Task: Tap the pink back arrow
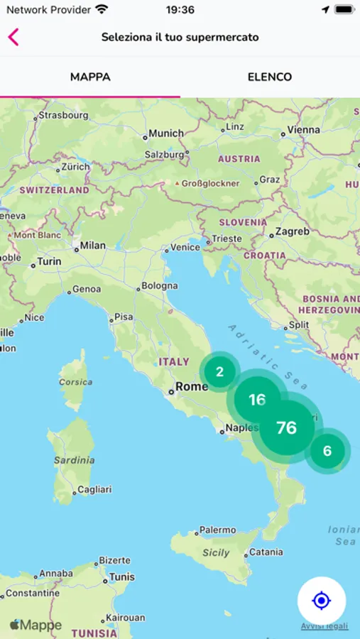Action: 13,37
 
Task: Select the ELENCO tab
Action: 270,77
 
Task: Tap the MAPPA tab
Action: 90,77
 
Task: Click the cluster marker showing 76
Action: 287,427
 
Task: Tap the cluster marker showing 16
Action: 257,400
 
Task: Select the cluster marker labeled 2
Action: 219,372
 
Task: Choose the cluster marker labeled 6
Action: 327,451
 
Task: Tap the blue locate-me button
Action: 322,601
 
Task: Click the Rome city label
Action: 192,387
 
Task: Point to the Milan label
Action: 92,245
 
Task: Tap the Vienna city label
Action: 304,130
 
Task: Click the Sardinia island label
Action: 74,460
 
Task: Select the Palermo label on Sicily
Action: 217,530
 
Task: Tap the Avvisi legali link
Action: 324,626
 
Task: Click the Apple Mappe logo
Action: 36,626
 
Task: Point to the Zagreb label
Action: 293,231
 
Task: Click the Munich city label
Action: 166,133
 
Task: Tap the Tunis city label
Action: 122,577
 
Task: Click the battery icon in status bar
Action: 344,10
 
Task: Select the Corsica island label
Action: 75,382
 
